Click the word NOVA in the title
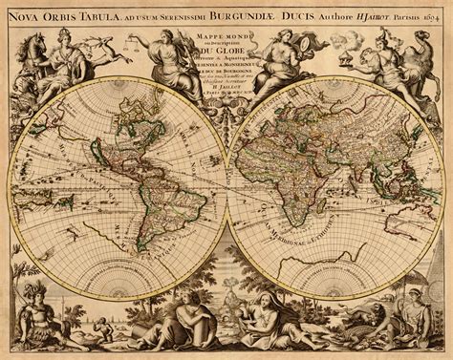tap(31, 14)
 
